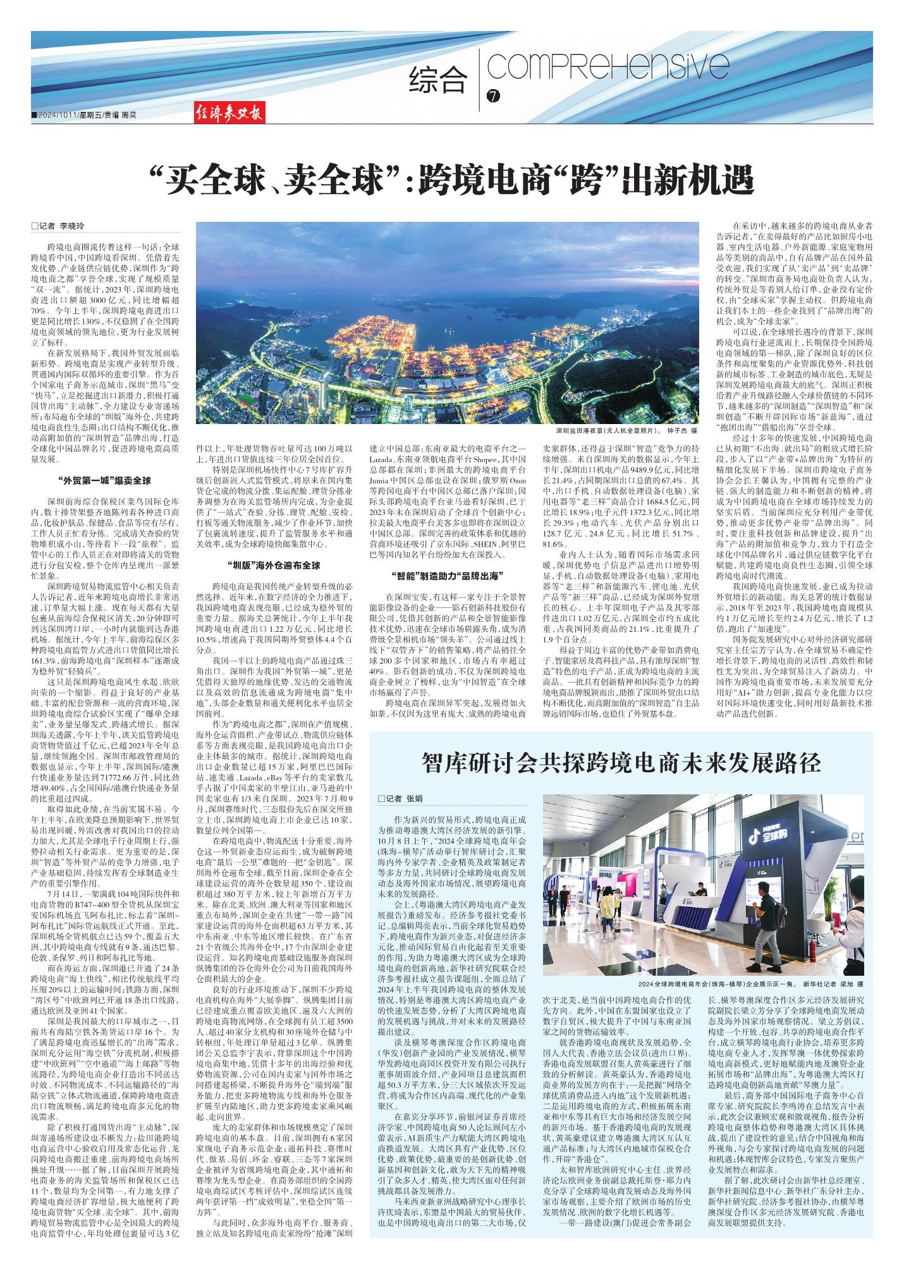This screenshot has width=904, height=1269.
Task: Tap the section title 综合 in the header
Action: (438, 80)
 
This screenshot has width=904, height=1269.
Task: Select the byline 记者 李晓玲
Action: (61, 226)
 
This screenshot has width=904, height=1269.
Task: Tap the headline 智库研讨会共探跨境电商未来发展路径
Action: (621, 763)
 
